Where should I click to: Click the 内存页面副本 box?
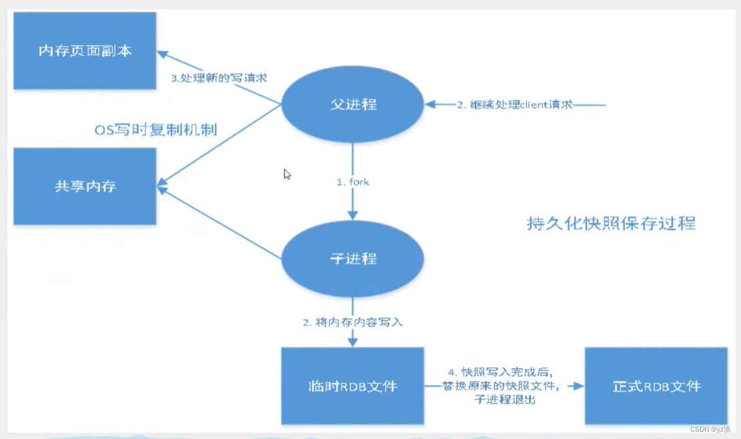tap(85, 51)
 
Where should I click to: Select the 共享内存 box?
tap(85, 186)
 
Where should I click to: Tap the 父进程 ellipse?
tap(352, 105)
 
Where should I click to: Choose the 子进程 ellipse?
tap(352, 258)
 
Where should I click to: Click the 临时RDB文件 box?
tap(352, 386)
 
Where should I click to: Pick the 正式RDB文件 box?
tap(656, 386)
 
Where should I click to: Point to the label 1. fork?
tap(352, 182)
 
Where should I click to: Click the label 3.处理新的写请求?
tap(218, 78)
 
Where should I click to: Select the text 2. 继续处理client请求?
tap(515, 105)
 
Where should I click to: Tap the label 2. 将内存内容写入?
tap(352, 322)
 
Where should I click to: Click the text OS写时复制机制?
tap(156, 129)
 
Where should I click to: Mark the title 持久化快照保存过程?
tap(611, 223)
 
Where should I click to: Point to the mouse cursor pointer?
tap(286, 173)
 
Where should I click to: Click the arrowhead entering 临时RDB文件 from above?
tap(352, 342)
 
